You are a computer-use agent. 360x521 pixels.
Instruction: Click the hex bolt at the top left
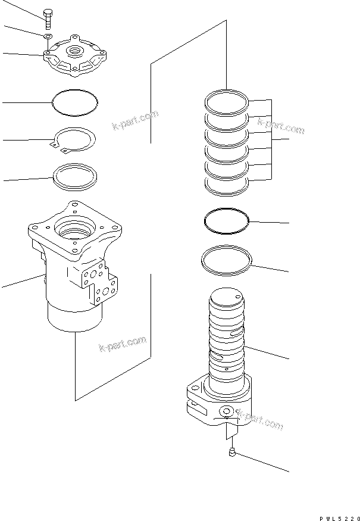click(47, 18)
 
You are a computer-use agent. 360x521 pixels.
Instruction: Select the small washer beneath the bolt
click(46, 37)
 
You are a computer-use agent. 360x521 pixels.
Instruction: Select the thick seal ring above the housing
click(73, 176)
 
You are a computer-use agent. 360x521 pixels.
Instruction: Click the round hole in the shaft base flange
click(226, 412)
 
